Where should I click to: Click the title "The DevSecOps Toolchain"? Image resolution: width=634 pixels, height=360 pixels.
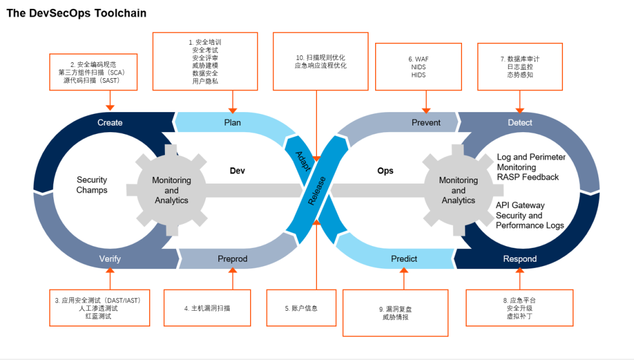(76, 13)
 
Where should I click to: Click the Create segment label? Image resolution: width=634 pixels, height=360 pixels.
(110, 123)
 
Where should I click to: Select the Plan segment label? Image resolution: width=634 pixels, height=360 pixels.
(232, 123)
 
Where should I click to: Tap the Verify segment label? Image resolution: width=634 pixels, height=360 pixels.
(110, 259)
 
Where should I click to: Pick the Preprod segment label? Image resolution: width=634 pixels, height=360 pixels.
(232, 259)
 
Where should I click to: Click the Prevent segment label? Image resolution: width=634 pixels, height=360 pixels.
(426, 123)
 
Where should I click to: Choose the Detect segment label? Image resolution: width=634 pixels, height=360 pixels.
(520, 123)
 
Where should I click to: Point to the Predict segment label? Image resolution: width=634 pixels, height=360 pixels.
(404, 259)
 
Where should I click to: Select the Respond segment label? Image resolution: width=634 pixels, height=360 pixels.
(520, 259)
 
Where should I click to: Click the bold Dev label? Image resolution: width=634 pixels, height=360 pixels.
(237, 171)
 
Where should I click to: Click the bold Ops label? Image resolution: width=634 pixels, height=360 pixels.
(385, 171)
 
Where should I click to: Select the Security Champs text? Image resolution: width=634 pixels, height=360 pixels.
(92, 185)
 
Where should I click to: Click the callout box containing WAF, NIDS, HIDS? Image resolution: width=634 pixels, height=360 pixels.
(418, 67)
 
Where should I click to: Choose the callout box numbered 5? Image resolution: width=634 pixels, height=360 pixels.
(301, 308)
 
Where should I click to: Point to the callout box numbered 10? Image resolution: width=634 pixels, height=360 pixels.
(321, 62)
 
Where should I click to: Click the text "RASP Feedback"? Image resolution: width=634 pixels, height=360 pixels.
(528, 177)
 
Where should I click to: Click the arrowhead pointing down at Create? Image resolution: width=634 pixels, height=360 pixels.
(110, 107)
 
